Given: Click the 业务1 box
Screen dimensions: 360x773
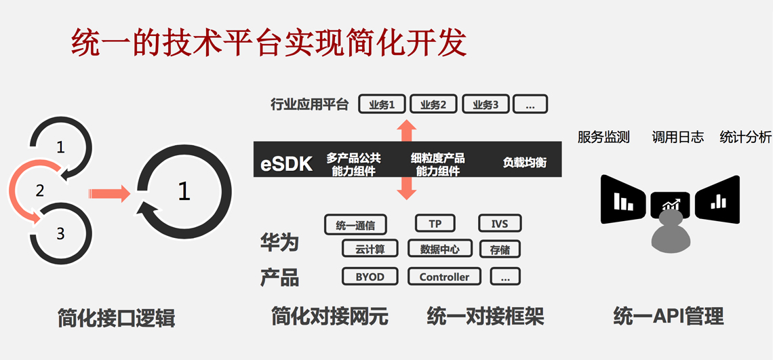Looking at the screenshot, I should [381, 104].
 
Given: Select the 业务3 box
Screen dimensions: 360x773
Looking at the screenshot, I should [485, 104].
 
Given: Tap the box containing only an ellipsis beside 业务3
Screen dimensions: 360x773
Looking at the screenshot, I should [530, 104].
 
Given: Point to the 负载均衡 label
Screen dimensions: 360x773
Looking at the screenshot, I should [524, 163].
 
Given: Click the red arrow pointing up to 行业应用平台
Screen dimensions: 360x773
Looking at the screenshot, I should [406, 129].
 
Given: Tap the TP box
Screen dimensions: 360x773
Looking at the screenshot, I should [435, 224].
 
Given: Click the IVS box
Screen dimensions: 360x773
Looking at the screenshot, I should [500, 224].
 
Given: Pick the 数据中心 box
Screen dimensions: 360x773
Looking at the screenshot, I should [439, 249].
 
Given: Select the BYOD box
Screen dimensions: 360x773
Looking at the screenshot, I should [370, 277].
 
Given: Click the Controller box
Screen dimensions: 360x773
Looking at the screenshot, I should [444, 277].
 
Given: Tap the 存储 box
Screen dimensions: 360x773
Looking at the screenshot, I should [500, 249].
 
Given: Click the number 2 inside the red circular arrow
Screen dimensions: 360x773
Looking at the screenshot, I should [40, 191].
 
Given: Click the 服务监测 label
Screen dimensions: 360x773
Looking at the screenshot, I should [603, 138].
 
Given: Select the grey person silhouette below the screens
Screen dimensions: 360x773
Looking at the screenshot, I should [671, 232].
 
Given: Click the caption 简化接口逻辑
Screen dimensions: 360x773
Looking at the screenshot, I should [117, 318].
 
